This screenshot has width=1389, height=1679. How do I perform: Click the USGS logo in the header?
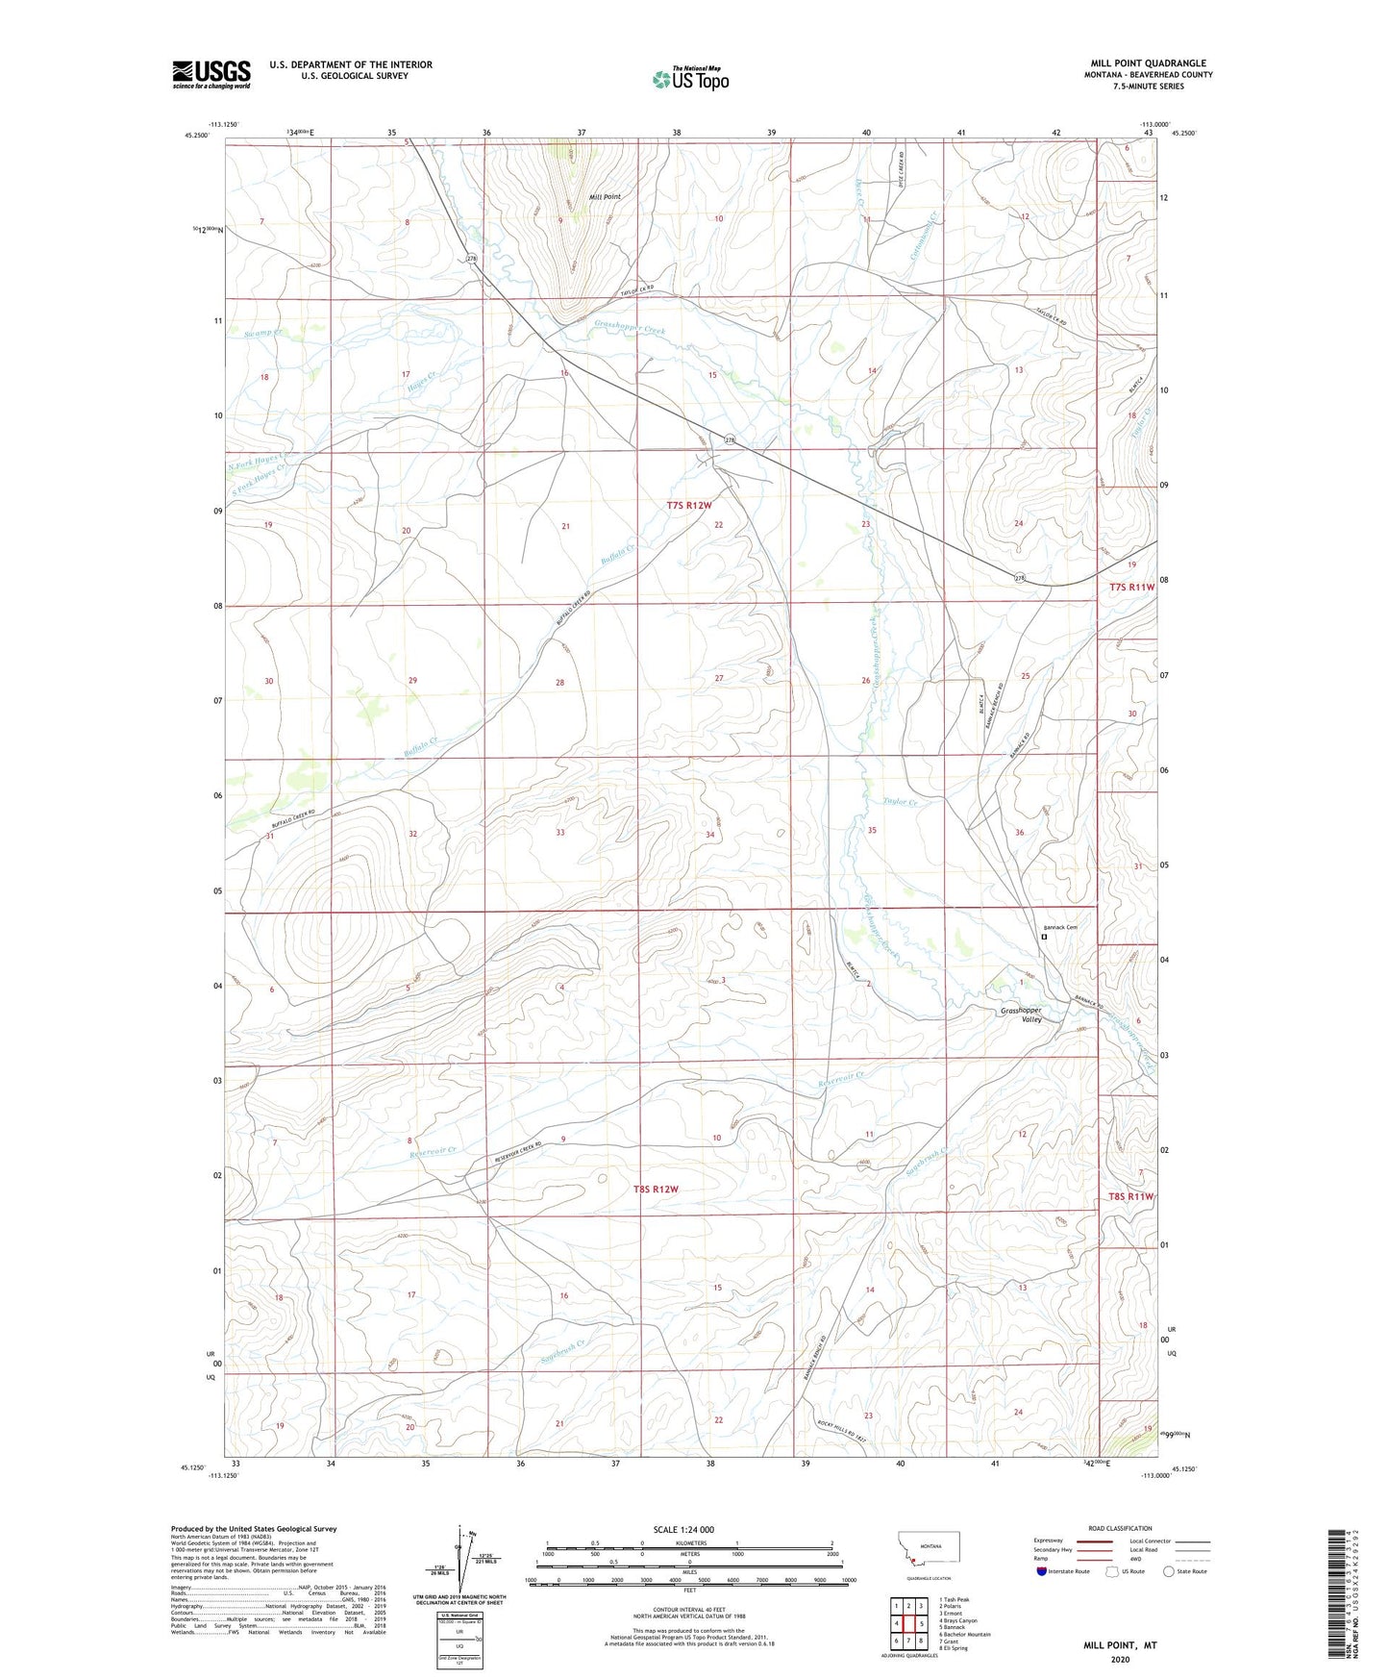pos(211,74)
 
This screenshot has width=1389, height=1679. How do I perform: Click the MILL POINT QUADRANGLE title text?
pos(1148,63)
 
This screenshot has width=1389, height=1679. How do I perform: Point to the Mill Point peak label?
pos(605,196)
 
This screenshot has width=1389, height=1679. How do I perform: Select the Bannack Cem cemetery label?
pos(1060,927)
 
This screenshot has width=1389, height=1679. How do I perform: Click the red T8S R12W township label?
pos(656,1190)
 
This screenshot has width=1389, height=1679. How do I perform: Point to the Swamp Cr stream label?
pos(264,334)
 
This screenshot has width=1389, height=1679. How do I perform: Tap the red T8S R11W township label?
pos(1129,1197)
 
